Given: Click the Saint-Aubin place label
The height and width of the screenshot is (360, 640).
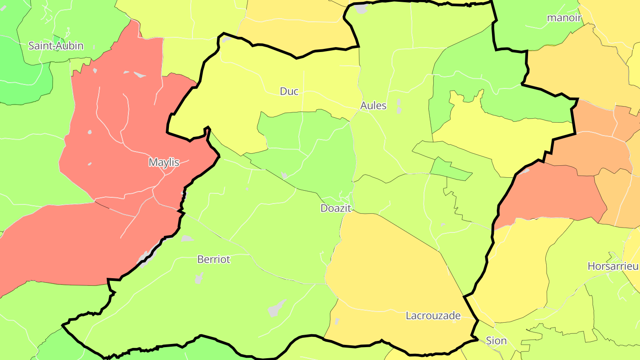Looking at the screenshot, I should click(x=56, y=45).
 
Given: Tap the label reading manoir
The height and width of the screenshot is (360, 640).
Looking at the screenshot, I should click(x=564, y=18).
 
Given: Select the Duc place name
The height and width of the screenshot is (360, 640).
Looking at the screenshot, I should click(x=289, y=92).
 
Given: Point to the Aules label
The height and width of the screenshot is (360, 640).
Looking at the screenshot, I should click(x=373, y=106).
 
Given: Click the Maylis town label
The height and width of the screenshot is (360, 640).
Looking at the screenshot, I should click(x=164, y=163).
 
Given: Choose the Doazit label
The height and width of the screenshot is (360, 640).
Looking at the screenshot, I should click(x=336, y=208).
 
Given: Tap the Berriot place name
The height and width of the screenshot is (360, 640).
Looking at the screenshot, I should click(x=214, y=260).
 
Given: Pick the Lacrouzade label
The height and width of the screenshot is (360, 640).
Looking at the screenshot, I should click(x=433, y=316).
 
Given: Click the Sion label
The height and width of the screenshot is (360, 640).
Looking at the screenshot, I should click(x=496, y=341).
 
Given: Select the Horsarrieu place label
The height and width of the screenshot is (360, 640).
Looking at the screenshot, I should click(x=613, y=266).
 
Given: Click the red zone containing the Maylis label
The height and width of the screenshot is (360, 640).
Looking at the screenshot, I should click(x=111, y=147).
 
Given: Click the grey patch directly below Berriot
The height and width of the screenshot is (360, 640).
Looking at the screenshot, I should click(x=199, y=278).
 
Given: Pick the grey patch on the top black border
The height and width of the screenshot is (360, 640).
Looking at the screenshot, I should click(x=361, y=9).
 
